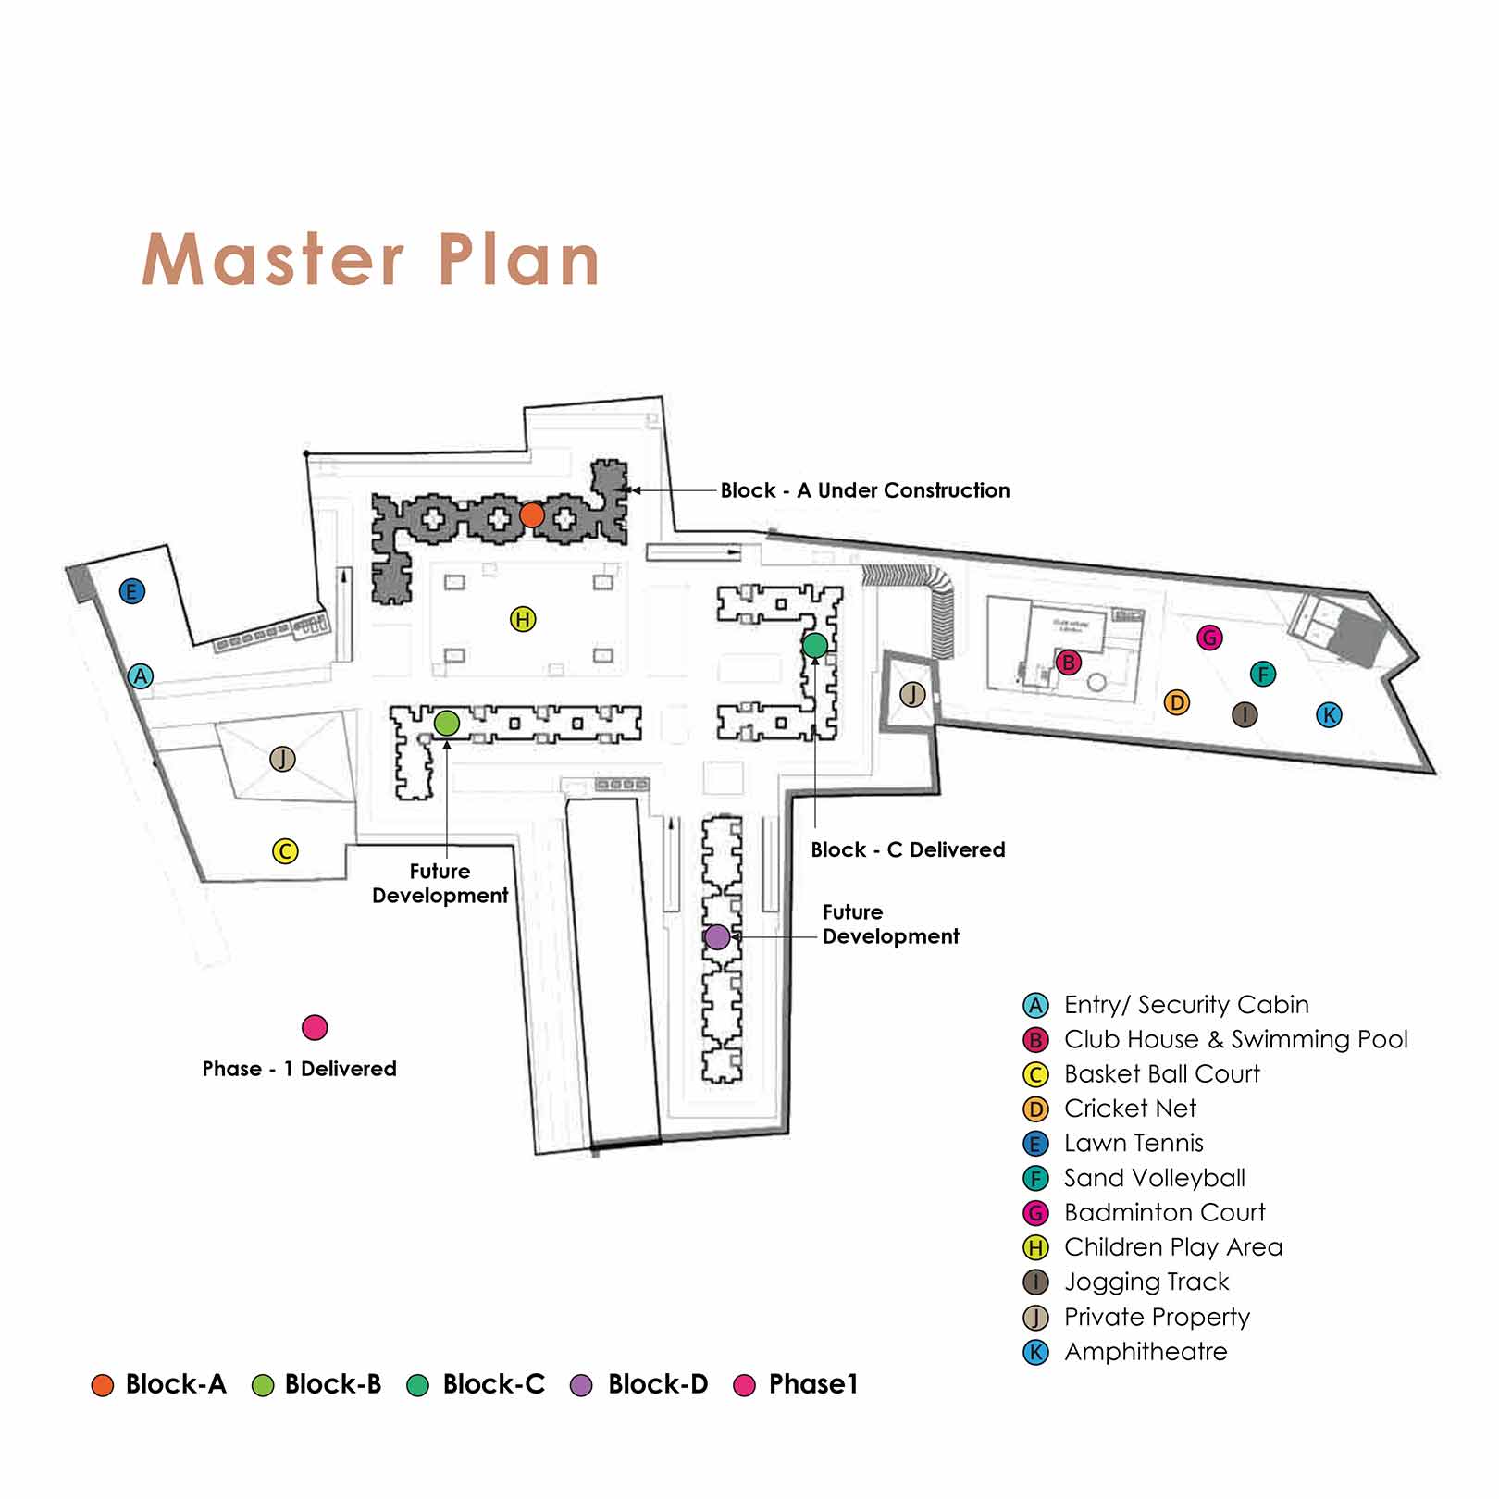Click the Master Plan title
pyautogui.click(x=371, y=260)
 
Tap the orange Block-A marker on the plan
pyautogui.click(x=531, y=515)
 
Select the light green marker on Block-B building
pyautogui.click(x=447, y=723)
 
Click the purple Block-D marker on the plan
pyautogui.click(x=717, y=937)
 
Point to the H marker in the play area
pyautogui.click(x=523, y=619)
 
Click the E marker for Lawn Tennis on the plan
pyautogui.click(x=132, y=591)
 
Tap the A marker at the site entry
pyautogui.click(x=140, y=676)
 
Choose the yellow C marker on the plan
pyautogui.click(x=285, y=851)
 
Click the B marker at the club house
pyautogui.click(x=1069, y=663)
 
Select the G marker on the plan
pyautogui.click(x=1209, y=638)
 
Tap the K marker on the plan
pyautogui.click(x=1329, y=714)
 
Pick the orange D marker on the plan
pyautogui.click(x=1176, y=702)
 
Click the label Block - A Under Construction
pyautogui.click(x=865, y=490)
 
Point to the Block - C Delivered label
pyautogui.click(x=908, y=849)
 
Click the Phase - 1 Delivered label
pyautogui.click(x=299, y=1069)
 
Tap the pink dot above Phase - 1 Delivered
pyautogui.click(x=315, y=1027)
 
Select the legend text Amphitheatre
pyautogui.click(x=1146, y=1352)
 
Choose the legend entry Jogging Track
pyautogui.click(x=1146, y=1282)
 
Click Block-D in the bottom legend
pyautogui.click(x=657, y=1384)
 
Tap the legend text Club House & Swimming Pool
pyautogui.click(x=1235, y=1039)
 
